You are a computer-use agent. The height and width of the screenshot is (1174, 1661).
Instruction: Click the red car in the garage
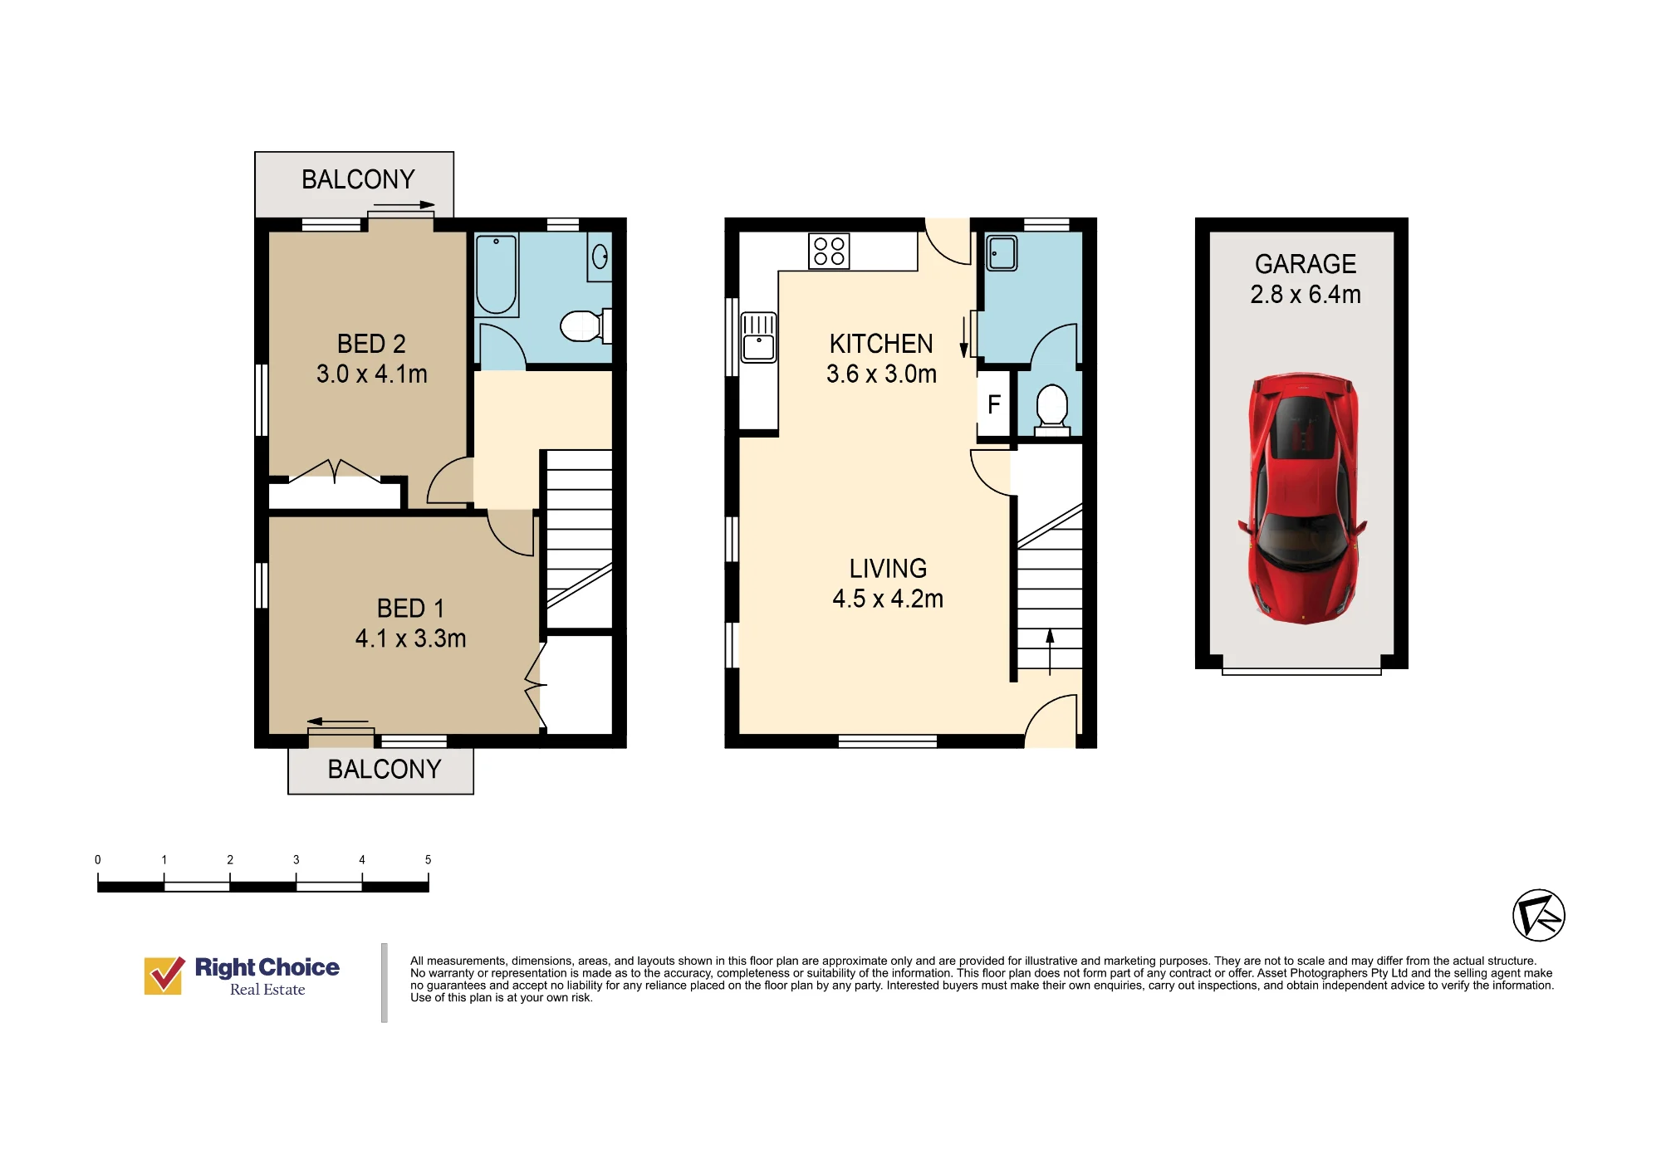point(1303,498)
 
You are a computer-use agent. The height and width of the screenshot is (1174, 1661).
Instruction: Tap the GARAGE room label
point(1306,264)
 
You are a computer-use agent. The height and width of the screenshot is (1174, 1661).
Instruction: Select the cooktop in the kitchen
point(829,251)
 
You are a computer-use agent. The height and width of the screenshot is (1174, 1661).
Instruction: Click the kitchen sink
point(758,337)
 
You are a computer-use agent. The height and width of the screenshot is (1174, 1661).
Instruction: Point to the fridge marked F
point(993,404)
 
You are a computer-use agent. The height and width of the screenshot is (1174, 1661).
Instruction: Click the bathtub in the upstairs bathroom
point(496,275)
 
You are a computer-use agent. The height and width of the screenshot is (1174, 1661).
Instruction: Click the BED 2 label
point(371,344)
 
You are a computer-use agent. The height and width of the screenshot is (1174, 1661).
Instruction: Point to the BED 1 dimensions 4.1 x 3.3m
point(410,638)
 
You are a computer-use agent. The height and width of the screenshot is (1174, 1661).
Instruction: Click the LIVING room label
point(888,569)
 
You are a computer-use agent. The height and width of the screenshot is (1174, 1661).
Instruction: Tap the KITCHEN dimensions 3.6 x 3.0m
point(881,374)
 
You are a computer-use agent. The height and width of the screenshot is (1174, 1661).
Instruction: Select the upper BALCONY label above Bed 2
point(358,179)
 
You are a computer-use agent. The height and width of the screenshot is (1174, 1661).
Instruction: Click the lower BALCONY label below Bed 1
point(385,770)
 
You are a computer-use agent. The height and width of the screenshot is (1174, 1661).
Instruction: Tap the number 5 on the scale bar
point(428,860)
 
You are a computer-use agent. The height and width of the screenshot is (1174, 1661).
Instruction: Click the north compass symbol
point(1539,916)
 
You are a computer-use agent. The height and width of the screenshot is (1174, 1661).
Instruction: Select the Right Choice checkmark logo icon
point(164,975)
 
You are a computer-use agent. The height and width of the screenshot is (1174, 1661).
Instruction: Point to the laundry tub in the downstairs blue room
point(1002,253)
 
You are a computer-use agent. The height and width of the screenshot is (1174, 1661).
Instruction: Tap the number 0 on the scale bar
point(98,860)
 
